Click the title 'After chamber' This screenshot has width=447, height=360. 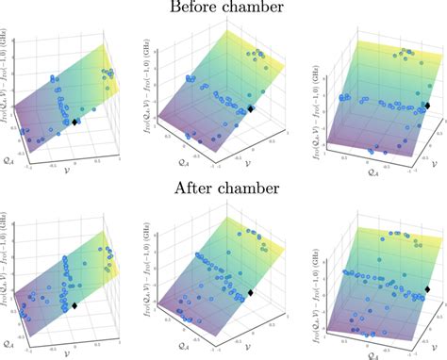tap(223, 188)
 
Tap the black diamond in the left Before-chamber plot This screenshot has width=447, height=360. tap(75, 122)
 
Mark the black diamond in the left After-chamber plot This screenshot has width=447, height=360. tap(74, 305)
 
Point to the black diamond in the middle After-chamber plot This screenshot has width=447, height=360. tap(251, 294)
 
